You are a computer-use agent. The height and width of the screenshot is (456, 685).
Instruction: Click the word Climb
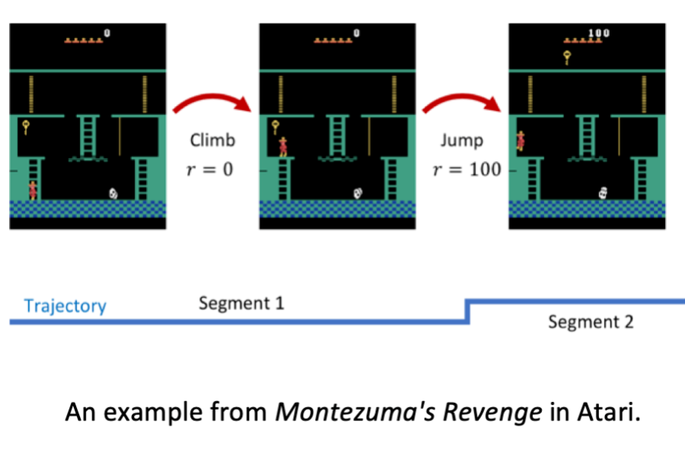212,140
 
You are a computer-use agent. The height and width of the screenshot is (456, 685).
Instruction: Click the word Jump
460,140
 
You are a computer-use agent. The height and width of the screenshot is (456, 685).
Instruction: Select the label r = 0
212,169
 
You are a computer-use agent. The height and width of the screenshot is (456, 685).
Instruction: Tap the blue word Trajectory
65,306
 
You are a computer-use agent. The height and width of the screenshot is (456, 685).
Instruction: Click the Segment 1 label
241,304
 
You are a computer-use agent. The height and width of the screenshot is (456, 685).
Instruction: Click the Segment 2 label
591,322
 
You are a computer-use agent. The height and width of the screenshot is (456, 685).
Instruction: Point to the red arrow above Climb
212,107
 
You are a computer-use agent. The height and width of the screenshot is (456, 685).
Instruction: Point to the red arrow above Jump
462,107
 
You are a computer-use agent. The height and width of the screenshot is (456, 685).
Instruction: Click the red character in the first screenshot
32,189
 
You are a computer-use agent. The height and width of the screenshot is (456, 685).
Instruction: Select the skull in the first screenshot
113,194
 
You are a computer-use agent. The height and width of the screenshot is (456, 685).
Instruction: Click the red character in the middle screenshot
282,145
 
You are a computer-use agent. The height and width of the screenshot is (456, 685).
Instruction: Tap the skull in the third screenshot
604,194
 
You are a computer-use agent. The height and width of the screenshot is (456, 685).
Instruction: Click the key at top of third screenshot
567,56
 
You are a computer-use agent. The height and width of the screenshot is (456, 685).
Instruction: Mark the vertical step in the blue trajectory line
467,312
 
